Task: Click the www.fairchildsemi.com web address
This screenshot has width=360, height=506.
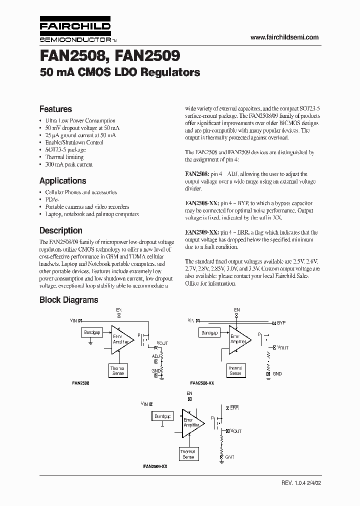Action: tap(284, 37)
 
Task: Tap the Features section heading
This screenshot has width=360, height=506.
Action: tap(55, 109)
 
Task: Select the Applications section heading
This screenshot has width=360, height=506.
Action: tap(62, 181)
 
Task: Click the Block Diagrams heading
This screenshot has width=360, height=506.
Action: tap(68, 300)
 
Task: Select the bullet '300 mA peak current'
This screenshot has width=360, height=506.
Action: tap(68, 164)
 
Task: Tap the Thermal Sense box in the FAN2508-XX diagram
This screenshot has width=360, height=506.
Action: tap(235, 371)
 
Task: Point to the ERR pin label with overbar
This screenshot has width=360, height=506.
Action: tap(234, 408)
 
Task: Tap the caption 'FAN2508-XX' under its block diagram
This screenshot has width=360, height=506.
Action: tap(202, 382)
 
